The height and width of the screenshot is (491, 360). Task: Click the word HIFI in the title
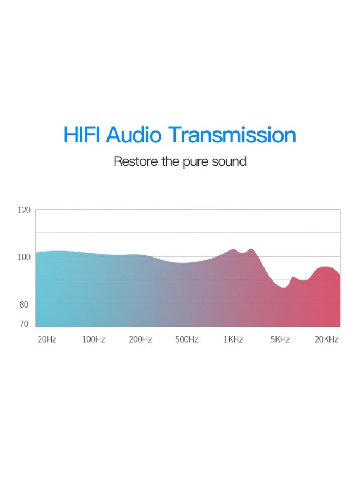[x=81, y=135]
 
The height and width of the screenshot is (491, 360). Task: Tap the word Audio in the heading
[x=134, y=135]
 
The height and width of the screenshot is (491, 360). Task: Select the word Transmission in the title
[x=232, y=135]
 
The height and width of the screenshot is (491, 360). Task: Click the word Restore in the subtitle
[x=136, y=161]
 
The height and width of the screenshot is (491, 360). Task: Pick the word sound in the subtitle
[x=229, y=161]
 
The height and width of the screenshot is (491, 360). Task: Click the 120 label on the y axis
[x=24, y=211]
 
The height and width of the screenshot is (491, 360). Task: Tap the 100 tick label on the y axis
[x=24, y=257]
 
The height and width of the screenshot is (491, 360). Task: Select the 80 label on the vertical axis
[x=24, y=304]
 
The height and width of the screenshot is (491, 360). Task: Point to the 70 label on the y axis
[x=24, y=324]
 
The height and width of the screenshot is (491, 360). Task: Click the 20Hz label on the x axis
[x=47, y=339]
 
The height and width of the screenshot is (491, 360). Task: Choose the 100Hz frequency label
[x=94, y=339]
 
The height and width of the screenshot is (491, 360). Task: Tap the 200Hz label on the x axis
[x=141, y=339]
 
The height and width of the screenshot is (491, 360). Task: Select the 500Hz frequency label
[x=187, y=339]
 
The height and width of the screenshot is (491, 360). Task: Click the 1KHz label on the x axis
[x=233, y=339]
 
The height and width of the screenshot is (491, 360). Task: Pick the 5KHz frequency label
[x=280, y=339]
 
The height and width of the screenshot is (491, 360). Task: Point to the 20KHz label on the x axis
[x=327, y=339]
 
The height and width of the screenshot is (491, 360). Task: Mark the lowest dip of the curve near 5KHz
[x=284, y=287]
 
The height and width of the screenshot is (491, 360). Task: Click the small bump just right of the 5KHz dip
[x=293, y=277]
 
